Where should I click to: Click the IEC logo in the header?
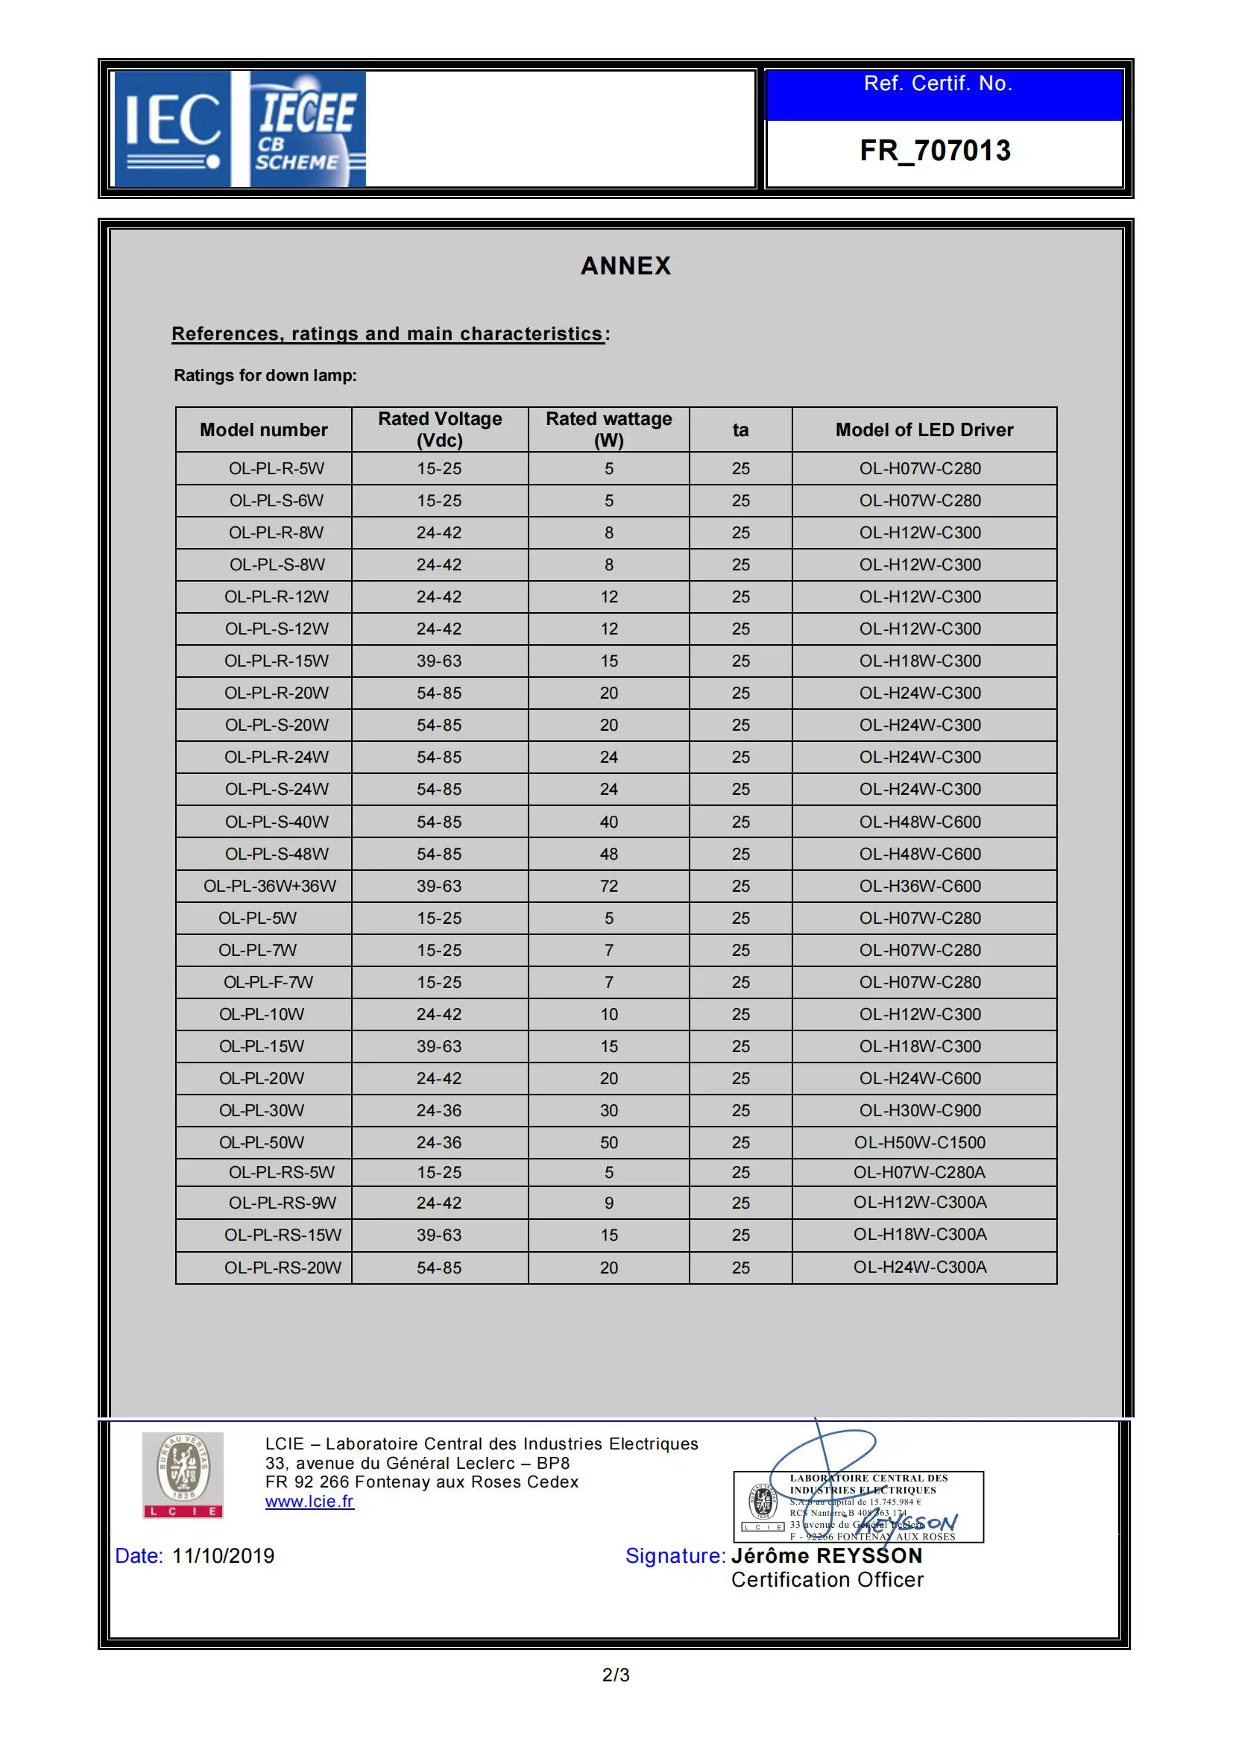pos(171,129)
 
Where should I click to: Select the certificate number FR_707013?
pos(935,151)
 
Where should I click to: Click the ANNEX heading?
pos(625,266)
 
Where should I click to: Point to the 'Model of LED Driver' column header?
pos(924,430)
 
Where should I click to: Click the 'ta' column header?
pos(740,430)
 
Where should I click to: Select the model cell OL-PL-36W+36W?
pos(270,886)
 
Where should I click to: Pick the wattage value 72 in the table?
pos(609,886)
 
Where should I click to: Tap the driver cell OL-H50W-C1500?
pos(919,1142)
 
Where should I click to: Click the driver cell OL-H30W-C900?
pos(919,1110)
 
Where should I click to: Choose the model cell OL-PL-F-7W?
pos(268,982)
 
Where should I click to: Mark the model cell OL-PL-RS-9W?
pos(283,1203)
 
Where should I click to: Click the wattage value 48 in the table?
pos(609,854)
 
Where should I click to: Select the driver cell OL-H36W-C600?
pos(919,886)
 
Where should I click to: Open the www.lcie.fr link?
pos(309,1502)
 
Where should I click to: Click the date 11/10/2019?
pos(223,1555)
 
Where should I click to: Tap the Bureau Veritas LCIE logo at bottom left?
pos(183,1475)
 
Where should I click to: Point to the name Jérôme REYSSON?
pos(827,1555)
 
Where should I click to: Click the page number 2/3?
pos(616,1675)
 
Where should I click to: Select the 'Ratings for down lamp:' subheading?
pos(265,375)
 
